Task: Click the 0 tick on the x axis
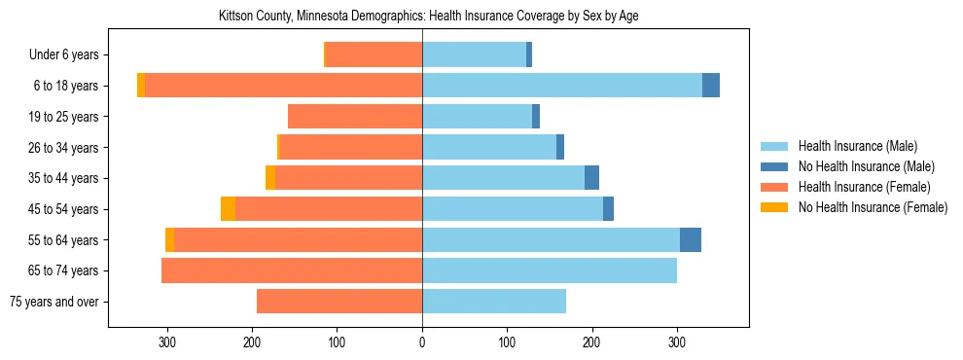click(x=422, y=342)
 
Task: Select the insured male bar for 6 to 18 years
click(x=562, y=86)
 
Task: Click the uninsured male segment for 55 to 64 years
click(x=691, y=240)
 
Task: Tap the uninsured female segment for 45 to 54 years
click(x=228, y=209)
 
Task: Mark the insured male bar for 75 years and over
click(x=494, y=302)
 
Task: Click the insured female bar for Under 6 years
click(x=374, y=55)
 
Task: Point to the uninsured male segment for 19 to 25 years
click(x=536, y=117)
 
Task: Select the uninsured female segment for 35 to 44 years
click(x=270, y=178)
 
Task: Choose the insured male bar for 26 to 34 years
click(x=489, y=148)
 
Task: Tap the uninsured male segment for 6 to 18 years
click(x=711, y=86)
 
